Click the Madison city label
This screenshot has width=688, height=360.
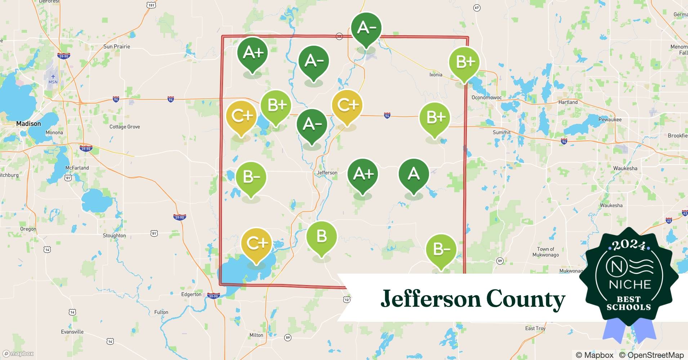coord(28,123)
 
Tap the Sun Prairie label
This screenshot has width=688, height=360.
coord(116,46)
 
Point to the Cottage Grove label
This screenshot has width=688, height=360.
coord(125,127)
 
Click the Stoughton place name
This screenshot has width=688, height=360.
coord(114,235)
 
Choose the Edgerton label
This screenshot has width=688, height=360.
coord(191,294)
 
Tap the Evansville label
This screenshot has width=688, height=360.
coord(72,332)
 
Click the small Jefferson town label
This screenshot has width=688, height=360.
coord(327,173)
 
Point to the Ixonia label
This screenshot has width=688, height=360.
coord(435,75)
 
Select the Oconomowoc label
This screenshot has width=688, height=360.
coord(486,98)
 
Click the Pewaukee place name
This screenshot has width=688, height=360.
coord(610,120)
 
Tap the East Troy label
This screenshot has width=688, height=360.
coord(535,328)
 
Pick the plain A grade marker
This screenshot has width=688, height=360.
coord(414,175)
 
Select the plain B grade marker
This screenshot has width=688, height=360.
coord(321,237)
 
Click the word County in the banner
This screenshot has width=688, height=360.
coord(526,299)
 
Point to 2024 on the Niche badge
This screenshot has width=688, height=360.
coord(629,245)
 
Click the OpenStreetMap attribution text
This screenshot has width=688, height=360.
coord(651,355)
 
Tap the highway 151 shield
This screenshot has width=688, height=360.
coord(151,5)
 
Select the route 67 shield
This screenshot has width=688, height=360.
coord(477,8)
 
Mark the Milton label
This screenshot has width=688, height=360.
coord(256,335)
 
